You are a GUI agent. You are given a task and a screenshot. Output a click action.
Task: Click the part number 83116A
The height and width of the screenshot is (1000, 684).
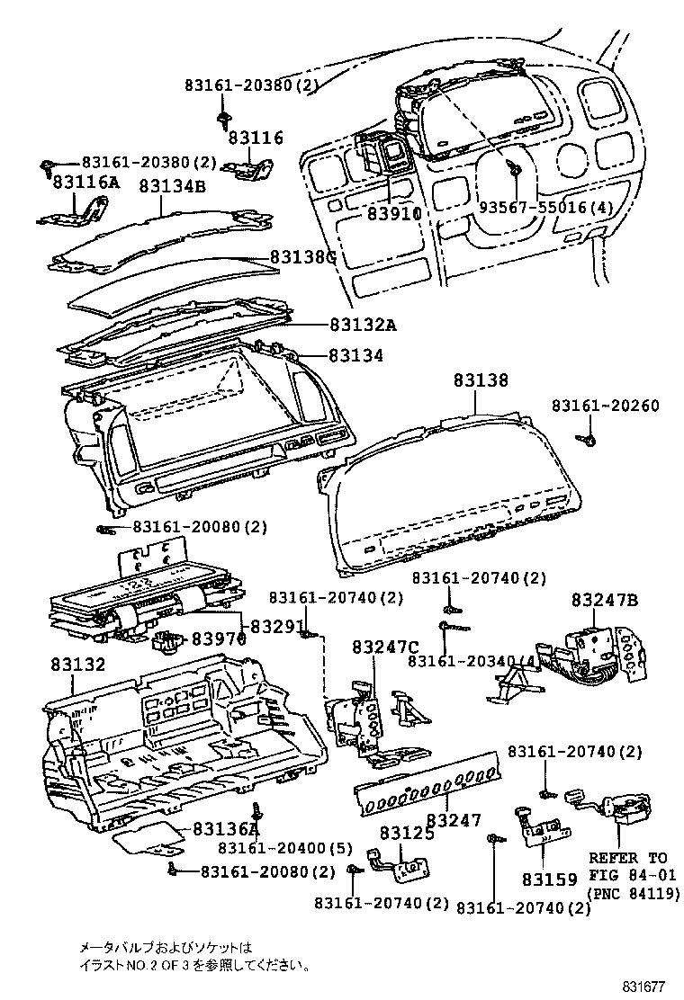tap(85, 183)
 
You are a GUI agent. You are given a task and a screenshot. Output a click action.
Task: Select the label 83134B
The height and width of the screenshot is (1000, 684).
tap(172, 186)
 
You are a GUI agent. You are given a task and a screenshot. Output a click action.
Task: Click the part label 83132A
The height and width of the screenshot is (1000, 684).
tap(363, 325)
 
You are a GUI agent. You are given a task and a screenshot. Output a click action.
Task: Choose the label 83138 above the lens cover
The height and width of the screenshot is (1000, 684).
tap(474, 380)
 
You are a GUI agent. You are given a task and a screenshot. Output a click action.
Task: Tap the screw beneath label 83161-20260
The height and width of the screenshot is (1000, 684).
tap(586, 440)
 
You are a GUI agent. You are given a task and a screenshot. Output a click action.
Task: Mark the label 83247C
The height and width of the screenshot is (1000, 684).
tap(386, 647)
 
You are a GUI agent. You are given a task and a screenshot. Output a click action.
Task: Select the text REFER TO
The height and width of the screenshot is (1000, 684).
tap(628, 858)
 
